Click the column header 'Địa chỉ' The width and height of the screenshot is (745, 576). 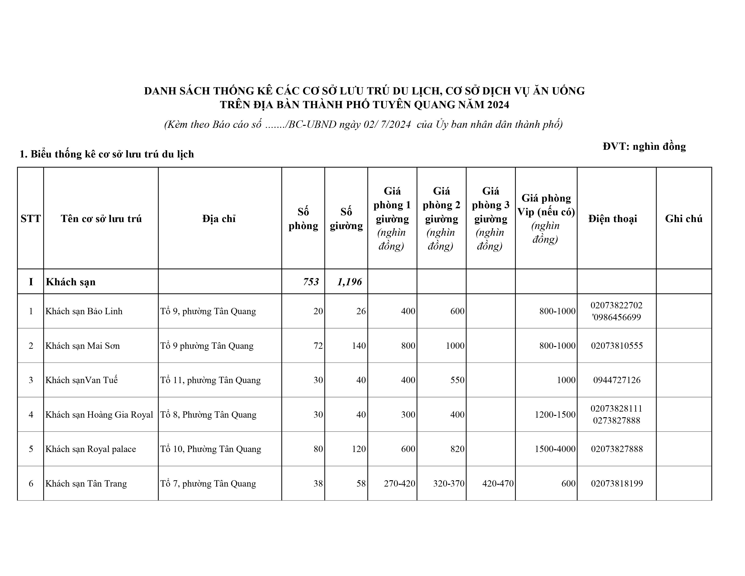[x=219, y=218]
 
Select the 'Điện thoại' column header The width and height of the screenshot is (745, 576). [x=613, y=218]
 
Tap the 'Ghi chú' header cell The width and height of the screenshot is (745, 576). [x=684, y=218]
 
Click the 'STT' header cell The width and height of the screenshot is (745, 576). [x=31, y=218]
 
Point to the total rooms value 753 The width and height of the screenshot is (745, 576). [x=311, y=281]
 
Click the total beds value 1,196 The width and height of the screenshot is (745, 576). [x=349, y=281]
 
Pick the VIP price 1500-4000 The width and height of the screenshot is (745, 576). [x=555, y=449]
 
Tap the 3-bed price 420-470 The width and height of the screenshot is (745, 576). [x=498, y=483]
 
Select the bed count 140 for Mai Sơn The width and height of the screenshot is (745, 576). [x=359, y=346]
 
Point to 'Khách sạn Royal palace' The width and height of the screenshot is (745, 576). [x=91, y=449]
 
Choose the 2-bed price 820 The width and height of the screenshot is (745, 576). [x=457, y=449]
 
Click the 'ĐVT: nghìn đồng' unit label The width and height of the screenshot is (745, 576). [x=644, y=146]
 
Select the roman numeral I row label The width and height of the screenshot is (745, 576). [x=31, y=281]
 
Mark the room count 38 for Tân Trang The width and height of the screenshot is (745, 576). [x=318, y=483]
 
